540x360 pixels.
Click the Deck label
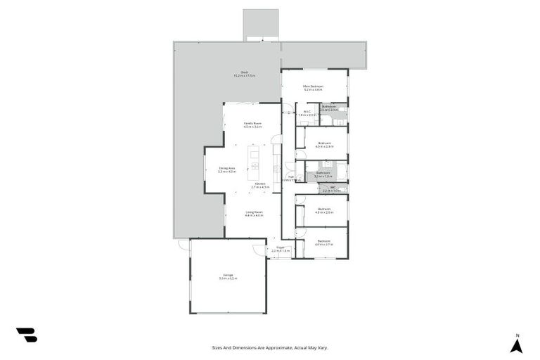click(x=244, y=72)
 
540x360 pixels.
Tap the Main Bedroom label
click(x=313, y=86)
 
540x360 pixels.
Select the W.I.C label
click(x=307, y=111)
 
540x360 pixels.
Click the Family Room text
click(x=252, y=123)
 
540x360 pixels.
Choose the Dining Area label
click(x=226, y=167)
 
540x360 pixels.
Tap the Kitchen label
click(x=260, y=184)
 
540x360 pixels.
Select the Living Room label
click(x=254, y=212)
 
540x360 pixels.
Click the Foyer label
click(x=281, y=247)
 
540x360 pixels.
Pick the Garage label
click(x=228, y=274)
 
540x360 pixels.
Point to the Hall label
click(x=290, y=176)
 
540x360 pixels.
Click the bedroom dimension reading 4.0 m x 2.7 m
click(x=323, y=245)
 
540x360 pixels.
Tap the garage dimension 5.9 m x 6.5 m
click(x=228, y=278)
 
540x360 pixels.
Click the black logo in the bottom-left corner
click(x=26, y=335)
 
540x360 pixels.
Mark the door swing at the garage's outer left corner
click(x=184, y=245)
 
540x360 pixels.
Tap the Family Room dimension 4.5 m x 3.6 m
click(x=252, y=127)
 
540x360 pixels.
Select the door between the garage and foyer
click(x=260, y=250)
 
